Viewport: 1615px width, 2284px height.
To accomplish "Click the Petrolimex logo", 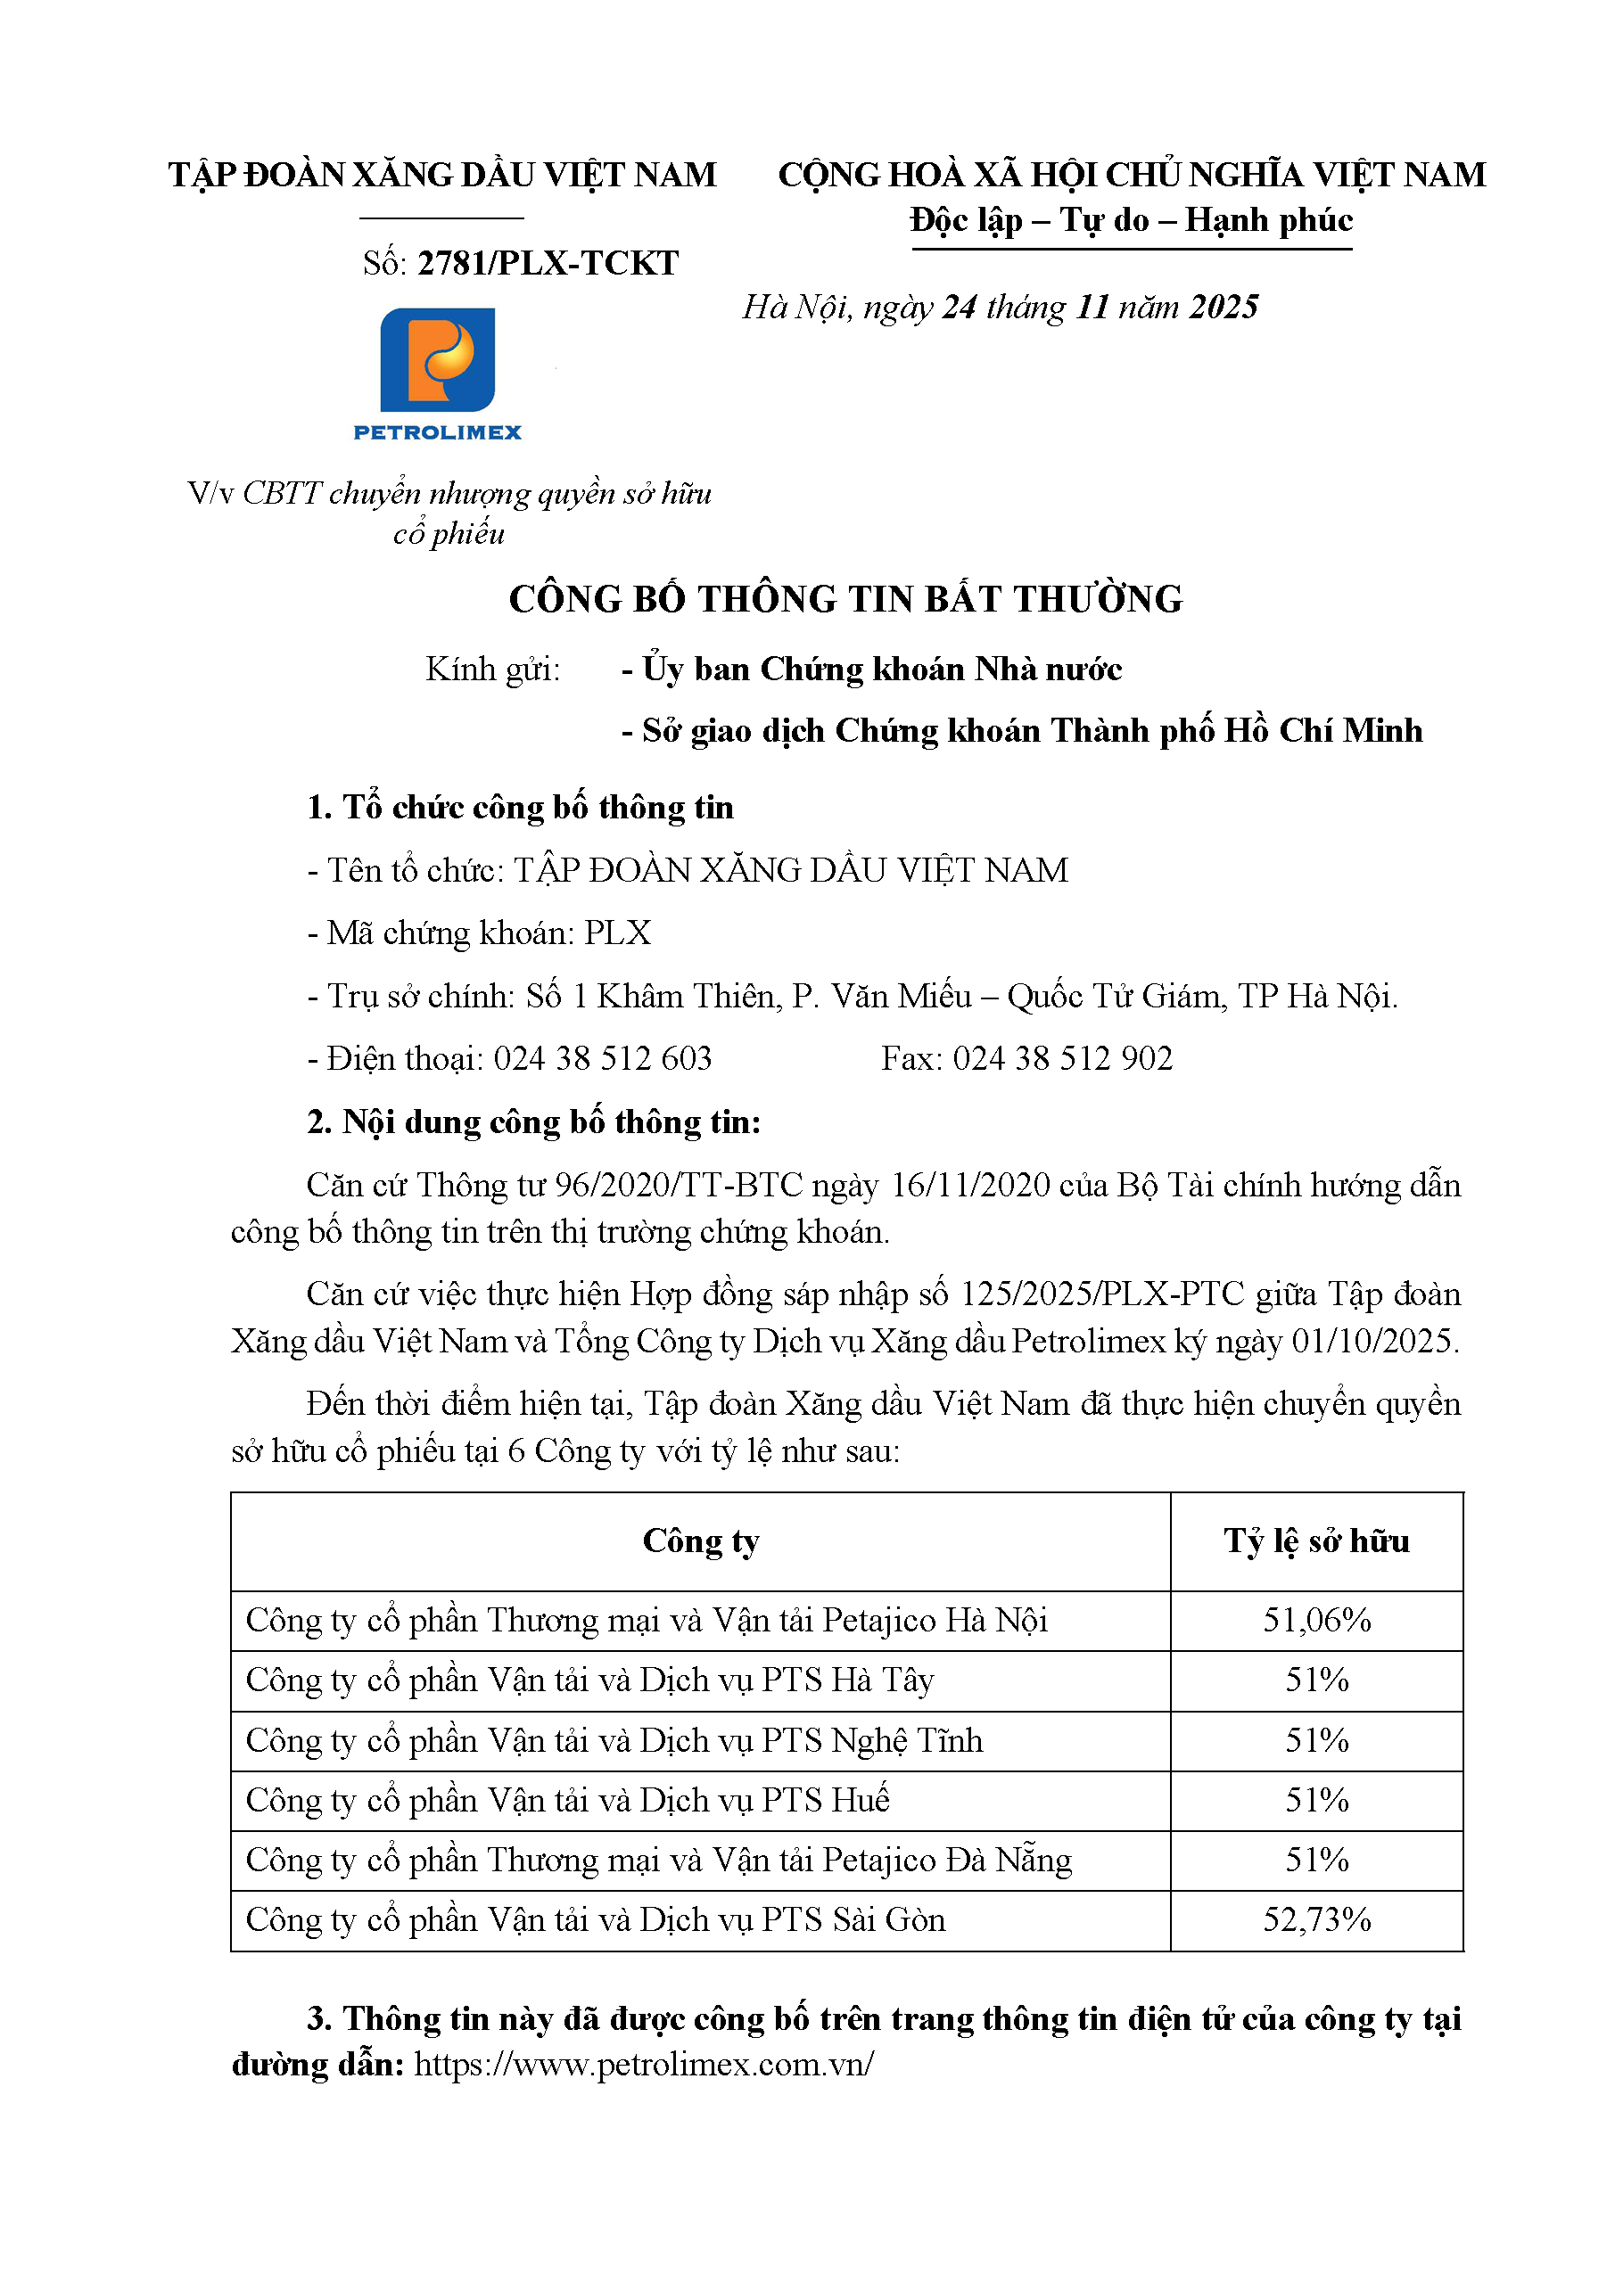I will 437,373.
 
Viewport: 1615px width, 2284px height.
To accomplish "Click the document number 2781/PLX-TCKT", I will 548,263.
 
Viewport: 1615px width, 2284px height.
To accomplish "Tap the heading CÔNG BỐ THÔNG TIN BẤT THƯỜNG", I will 845,599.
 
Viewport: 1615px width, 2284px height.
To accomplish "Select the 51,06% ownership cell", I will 1315,1620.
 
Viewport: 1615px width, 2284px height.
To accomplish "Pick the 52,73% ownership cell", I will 1315,1918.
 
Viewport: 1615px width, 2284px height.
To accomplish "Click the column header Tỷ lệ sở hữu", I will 1315,1540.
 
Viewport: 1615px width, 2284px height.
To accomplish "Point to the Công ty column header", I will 701,1540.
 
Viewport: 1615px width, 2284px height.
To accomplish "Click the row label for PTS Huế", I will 567,1800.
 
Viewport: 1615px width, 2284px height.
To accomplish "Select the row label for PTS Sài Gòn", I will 595,1918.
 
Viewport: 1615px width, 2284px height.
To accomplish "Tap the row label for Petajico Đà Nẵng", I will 659,1860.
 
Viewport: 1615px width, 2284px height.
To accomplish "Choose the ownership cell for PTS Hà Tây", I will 1315,1680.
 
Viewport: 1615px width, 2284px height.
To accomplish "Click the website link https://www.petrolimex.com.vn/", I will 644,2064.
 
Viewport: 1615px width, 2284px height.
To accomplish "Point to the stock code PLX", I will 617,932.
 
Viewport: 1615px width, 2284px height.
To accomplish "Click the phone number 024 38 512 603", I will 602,1057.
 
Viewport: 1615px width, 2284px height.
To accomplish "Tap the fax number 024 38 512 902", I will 1062,1057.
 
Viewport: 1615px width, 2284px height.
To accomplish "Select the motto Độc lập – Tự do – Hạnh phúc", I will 1131,220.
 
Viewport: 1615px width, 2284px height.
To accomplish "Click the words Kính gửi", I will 492,670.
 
